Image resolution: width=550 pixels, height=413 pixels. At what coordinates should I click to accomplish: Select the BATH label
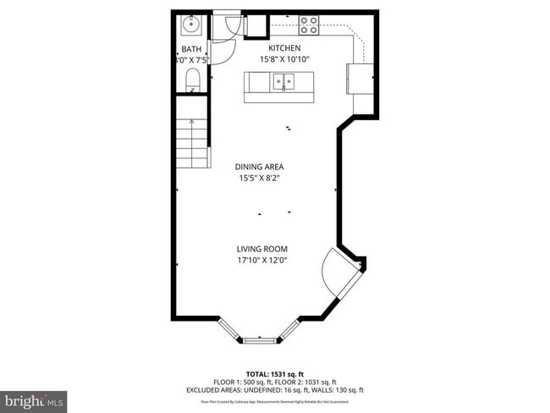point(191,49)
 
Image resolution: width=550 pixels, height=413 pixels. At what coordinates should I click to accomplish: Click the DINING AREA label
point(259,167)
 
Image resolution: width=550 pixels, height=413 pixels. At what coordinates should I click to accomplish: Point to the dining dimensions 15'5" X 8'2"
point(259,178)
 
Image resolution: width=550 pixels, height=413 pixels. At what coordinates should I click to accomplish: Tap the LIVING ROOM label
point(262,249)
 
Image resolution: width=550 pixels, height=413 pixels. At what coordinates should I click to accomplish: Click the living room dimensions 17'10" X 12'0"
point(262,260)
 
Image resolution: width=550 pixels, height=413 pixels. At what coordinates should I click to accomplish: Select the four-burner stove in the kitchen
point(309,25)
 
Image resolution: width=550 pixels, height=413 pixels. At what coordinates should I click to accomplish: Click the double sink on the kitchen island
point(282,82)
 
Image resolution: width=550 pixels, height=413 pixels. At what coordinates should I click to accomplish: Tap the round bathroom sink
point(188,25)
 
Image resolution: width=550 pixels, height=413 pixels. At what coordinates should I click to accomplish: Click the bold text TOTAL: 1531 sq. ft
point(274,373)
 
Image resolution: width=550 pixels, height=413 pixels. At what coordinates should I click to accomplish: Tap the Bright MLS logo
point(34,398)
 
